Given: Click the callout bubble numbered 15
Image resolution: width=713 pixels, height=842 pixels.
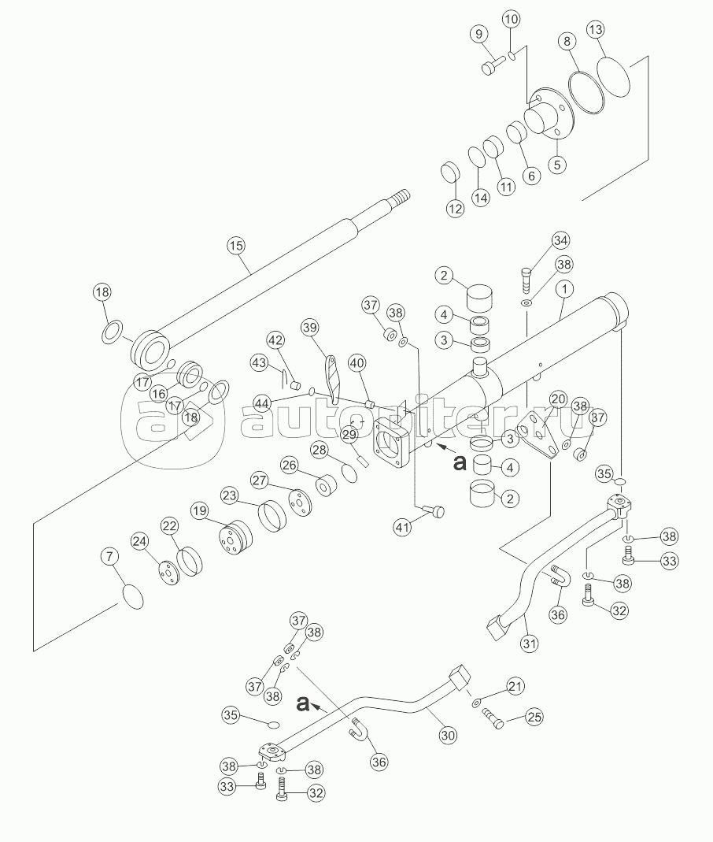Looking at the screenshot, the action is point(236,246).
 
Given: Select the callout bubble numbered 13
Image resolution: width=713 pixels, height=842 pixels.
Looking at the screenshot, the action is point(596,29).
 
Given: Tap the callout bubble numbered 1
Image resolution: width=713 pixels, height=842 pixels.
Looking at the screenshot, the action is point(564,289).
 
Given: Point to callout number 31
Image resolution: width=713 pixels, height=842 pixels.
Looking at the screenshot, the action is point(530,644).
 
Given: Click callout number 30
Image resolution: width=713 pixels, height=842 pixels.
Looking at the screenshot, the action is point(448,735).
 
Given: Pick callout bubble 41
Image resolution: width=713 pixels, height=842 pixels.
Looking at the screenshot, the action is point(402,527).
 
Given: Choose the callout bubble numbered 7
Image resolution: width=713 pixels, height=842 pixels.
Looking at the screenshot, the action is point(110,557).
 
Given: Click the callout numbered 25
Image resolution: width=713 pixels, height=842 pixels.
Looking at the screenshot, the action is point(534,716).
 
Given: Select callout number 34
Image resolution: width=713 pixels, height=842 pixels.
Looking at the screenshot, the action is point(560,240).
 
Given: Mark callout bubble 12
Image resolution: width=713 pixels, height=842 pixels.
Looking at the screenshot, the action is point(455,208).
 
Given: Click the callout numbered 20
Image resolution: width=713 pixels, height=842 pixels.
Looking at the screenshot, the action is point(558,399).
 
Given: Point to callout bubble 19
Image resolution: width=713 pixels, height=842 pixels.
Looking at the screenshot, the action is point(200,510).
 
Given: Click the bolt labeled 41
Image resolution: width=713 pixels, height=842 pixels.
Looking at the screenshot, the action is point(434,510).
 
